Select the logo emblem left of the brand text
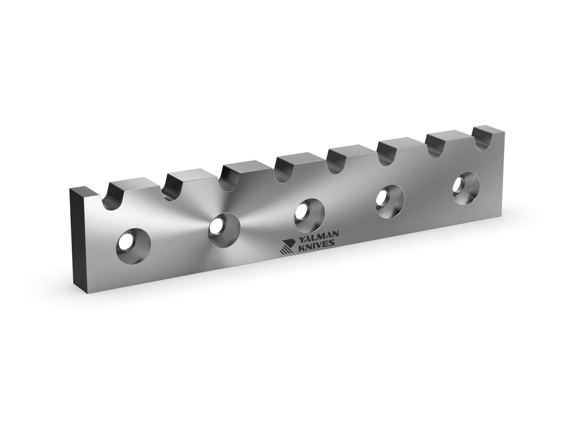coord(287,247)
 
